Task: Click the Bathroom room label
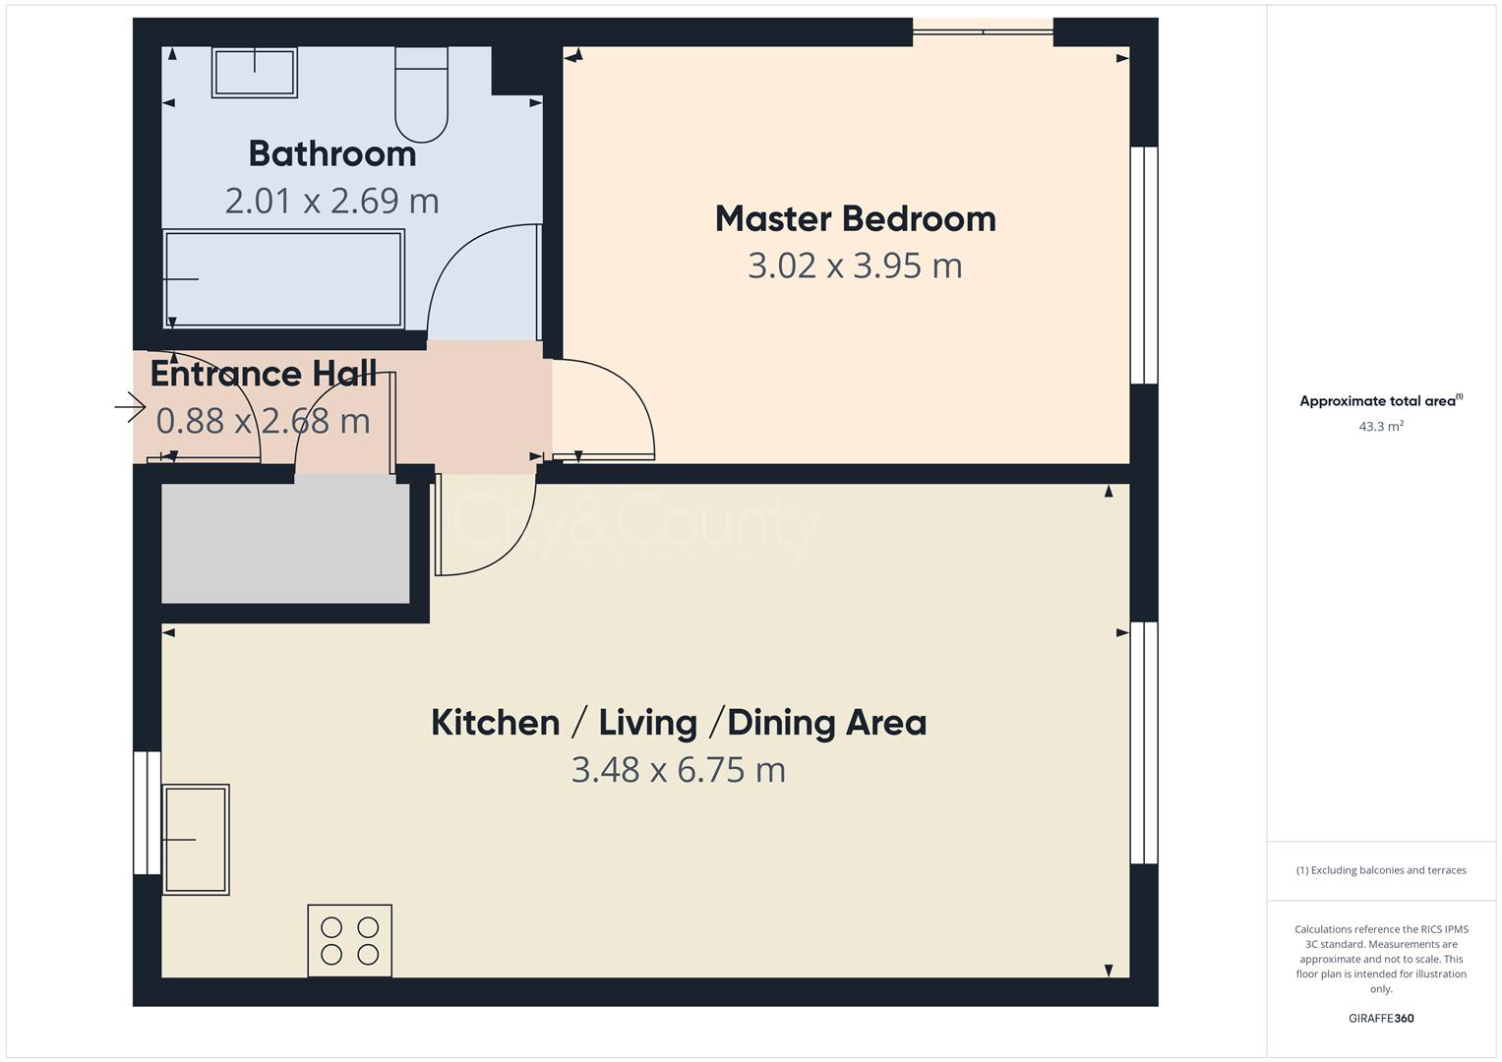pyautogui.click(x=331, y=153)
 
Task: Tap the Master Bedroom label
pyautogui.click(x=855, y=218)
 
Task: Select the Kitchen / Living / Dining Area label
pyautogui.click(x=679, y=722)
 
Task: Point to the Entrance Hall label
pyautogui.click(x=263, y=374)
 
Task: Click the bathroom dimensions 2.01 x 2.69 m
pyautogui.click(x=331, y=201)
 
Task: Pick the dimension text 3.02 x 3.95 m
pyautogui.click(x=855, y=265)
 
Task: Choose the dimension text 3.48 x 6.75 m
pyautogui.click(x=679, y=769)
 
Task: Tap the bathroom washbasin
pyautogui.click(x=255, y=73)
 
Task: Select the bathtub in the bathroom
pyautogui.click(x=283, y=278)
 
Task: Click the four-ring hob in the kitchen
pyautogui.click(x=349, y=940)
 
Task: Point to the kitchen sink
pyautogui.click(x=196, y=839)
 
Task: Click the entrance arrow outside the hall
pyautogui.click(x=130, y=406)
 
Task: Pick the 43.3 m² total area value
pyautogui.click(x=1380, y=426)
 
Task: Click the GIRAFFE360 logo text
pyautogui.click(x=1380, y=1018)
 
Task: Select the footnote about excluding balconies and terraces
pyautogui.click(x=1380, y=870)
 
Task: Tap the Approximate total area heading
pyautogui.click(x=1380, y=401)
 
